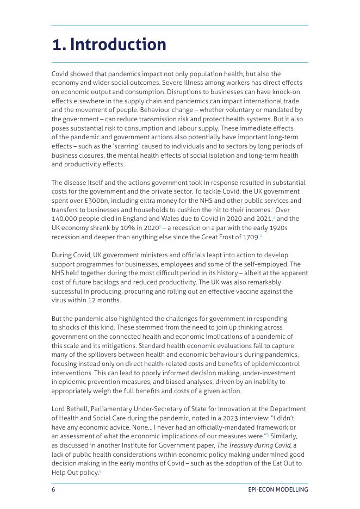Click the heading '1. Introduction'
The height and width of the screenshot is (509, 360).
pos(109,45)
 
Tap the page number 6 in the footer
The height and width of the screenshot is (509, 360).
pos(53,489)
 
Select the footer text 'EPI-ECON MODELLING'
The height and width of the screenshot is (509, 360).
pos(277,489)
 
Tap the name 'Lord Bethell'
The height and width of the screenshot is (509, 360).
pos(70,409)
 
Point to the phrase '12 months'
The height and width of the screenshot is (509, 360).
pos(107,300)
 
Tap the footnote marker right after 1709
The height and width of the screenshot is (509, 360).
pos(261,236)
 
